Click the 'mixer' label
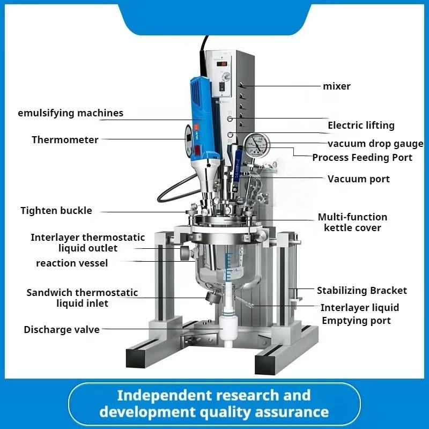[x=337, y=86]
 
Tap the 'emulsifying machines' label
[x=71, y=113]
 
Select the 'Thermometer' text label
[x=65, y=140]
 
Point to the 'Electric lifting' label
[x=361, y=125]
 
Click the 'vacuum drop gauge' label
[x=375, y=144]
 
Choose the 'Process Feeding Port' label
[x=363, y=158]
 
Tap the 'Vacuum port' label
[x=359, y=179]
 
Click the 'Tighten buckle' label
[x=56, y=211]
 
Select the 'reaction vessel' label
[x=72, y=263]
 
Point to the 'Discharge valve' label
[x=62, y=330]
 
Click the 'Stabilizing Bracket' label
[x=362, y=291]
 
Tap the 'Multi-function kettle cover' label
[x=352, y=222]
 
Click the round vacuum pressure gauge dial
[x=256, y=145]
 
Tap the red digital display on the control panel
[x=222, y=64]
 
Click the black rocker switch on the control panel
[x=222, y=87]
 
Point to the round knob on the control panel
[x=225, y=77]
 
